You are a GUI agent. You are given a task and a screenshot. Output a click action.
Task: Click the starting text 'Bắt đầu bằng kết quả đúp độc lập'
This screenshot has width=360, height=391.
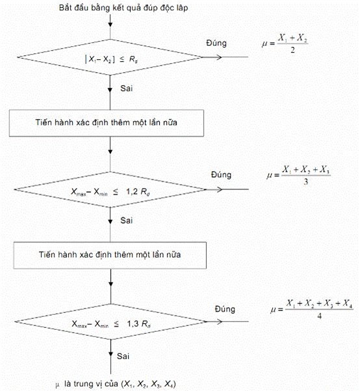[123, 8]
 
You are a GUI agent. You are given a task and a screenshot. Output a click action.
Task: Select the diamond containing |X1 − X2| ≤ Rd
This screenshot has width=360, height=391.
[110, 57]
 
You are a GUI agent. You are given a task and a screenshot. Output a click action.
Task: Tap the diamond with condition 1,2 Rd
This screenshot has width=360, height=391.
[110, 189]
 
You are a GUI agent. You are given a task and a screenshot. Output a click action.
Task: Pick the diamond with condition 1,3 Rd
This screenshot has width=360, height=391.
[111, 321]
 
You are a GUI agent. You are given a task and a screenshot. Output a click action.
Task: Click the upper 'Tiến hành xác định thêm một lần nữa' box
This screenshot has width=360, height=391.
[107, 123]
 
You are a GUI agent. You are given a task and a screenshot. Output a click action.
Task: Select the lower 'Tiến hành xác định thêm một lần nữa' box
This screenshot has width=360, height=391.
[110, 255]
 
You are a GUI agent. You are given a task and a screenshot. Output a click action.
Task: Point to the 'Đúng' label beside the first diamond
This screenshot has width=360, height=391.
[216, 43]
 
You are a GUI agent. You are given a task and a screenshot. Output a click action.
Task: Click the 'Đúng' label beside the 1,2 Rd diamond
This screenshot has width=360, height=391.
[221, 175]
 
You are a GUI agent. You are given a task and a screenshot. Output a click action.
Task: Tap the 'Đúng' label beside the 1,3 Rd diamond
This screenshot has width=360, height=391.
[225, 309]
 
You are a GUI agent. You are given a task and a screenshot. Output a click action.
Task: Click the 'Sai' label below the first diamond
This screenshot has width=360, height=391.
[126, 88]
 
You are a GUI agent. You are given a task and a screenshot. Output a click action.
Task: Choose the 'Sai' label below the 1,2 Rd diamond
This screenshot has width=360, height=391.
[126, 221]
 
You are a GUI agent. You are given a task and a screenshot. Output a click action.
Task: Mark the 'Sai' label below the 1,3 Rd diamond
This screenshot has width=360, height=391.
[123, 356]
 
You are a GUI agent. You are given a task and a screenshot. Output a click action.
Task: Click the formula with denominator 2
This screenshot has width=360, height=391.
[285, 44]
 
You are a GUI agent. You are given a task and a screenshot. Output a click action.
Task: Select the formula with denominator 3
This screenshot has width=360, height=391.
[298, 175]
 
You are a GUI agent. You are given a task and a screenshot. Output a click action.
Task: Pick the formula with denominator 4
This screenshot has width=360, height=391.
[312, 310]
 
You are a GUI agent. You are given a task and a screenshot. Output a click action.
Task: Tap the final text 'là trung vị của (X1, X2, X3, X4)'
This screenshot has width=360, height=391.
[120, 384]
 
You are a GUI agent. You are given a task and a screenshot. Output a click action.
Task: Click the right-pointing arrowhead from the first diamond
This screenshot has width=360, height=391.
[219, 57]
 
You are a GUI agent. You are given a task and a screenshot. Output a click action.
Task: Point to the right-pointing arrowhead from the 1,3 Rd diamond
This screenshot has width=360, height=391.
[220, 321]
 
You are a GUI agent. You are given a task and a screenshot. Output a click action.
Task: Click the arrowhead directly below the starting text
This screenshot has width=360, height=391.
[110, 24]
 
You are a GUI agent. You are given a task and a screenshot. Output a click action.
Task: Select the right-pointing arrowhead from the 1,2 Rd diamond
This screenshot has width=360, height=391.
[220, 189]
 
